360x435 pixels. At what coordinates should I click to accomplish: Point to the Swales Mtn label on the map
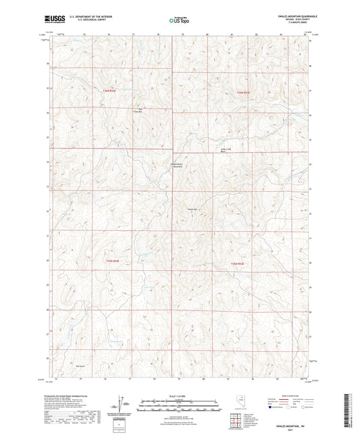click(x=192, y=209)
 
